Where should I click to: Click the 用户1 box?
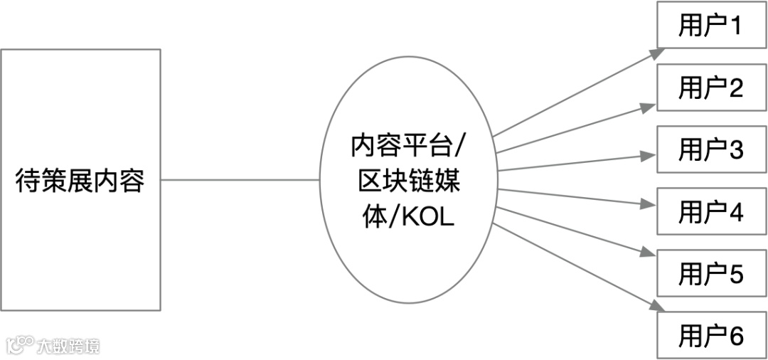pyautogui.click(x=710, y=26)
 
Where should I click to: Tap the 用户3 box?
pyautogui.click(x=710, y=149)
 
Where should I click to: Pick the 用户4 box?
pyautogui.click(x=710, y=211)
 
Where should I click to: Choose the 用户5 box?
pyautogui.click(x=710, y=273)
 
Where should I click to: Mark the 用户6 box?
pyautogui.click(x=710, y=335)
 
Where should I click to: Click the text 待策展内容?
pyautogui.click(x=80, y=181)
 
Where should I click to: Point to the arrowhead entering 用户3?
pyautogui.click(x=648, y=155)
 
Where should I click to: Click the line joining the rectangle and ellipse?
pyautogui.click(x=240, y=180)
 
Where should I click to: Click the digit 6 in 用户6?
pyautogui.click(x=736, y=335)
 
